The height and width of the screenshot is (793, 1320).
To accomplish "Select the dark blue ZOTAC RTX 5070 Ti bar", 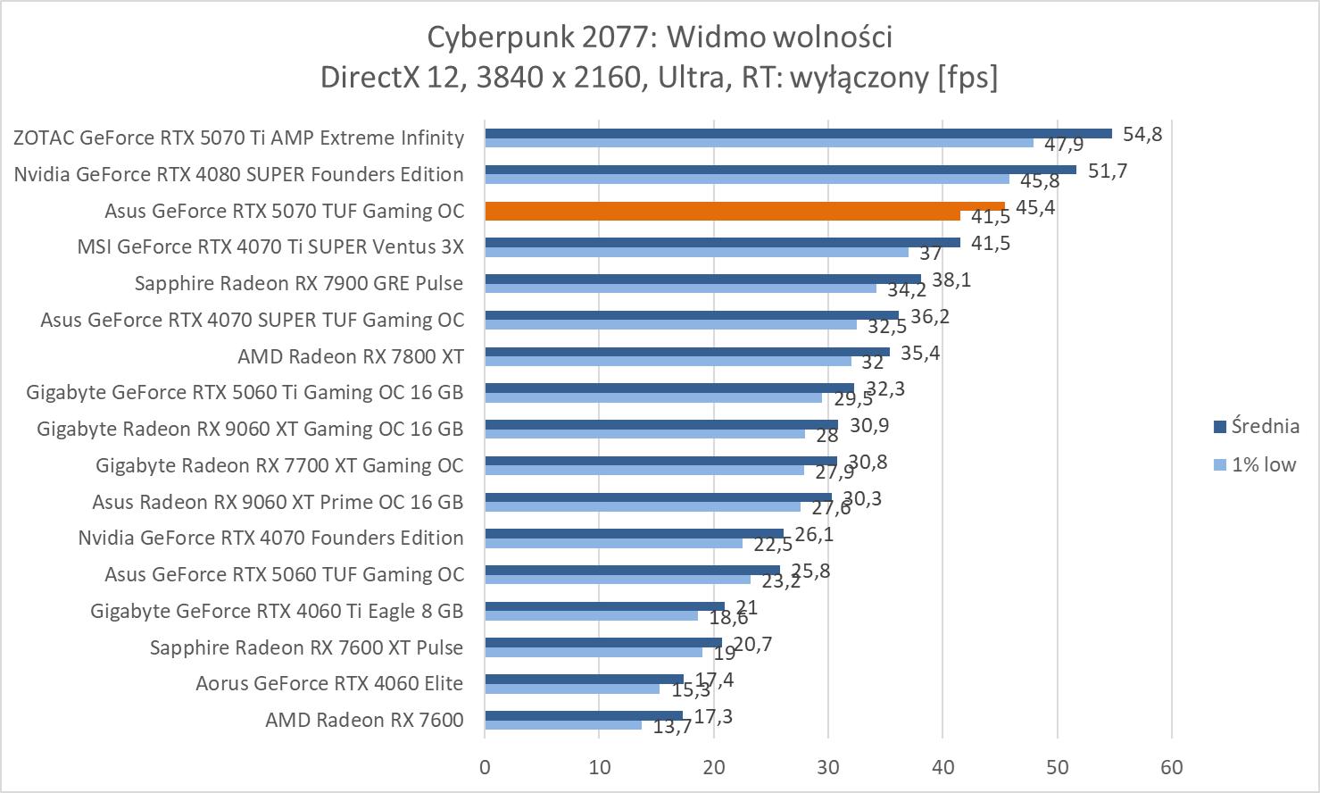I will coord(797,134).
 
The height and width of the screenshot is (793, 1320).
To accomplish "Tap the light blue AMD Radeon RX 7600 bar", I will coord(562,724).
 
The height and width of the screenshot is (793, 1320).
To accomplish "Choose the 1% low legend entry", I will coord(1263,464).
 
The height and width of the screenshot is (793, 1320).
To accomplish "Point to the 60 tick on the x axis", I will coord(1171,767).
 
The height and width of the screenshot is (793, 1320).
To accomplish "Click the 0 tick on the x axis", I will coord(485,767).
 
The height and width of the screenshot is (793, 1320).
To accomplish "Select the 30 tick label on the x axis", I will coord(828,767).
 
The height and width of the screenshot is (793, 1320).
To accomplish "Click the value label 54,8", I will coord(1142,134).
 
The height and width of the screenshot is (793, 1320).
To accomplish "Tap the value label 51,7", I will coord(1108,171).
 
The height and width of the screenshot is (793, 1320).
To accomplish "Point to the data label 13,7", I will coord(672,727).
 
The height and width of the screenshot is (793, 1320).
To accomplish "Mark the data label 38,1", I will coord(951,280).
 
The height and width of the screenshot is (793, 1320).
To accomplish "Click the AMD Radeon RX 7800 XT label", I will coord(350,356).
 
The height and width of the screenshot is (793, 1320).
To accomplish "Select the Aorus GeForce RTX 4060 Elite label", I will coord(329,684).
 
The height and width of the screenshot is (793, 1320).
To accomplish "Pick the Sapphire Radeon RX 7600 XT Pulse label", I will coord(306,647).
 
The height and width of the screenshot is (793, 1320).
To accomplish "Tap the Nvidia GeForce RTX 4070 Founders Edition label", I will coord(270,538).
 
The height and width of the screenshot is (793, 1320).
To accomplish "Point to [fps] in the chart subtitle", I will coord(967,77).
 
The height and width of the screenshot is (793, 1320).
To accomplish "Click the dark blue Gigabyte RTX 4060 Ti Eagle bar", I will coord(603,606).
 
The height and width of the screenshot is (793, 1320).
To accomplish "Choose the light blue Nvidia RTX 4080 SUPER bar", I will coord(746,179).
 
